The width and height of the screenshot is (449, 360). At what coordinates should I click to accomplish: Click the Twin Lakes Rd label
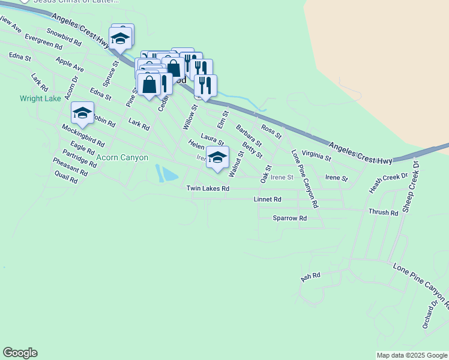[x=208, y=188]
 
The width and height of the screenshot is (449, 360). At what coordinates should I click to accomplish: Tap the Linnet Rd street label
[x=267, y=199]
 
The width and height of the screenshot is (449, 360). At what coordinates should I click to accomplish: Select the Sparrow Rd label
[x=289, y=218]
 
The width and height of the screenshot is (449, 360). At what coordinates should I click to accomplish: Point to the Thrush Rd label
[x=383, y=213]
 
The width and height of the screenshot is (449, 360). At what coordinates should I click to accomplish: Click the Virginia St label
[x=316, y=157]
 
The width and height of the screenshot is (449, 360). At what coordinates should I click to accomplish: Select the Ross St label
[x=271, y=131]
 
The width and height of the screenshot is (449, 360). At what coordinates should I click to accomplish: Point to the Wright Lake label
[x=40, y=98]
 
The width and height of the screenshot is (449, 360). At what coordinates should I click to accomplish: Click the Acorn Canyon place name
[x=122, y=158]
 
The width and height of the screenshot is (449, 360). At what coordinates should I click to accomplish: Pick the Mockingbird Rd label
[x=83, y=136]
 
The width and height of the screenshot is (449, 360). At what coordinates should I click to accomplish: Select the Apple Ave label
[x=69, y=65]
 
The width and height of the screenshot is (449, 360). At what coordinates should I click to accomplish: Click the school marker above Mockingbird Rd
[x=82, y=113]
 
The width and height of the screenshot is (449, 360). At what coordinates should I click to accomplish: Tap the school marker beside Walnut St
[x=217, y=158]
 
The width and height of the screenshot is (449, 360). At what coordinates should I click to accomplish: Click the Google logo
[x=20, y=353]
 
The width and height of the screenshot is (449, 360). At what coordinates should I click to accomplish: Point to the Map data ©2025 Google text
[x=412, y=355]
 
